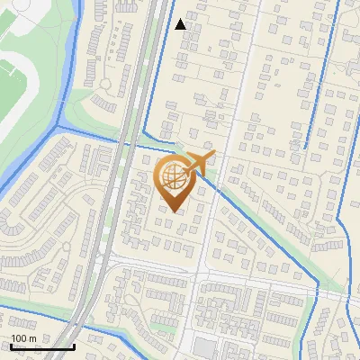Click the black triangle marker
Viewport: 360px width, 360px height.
[x=181, y=23]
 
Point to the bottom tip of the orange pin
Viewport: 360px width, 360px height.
[x=173, y=212]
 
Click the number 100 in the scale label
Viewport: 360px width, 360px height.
[x=18, y=338]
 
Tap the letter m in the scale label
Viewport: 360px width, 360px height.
[x=32, y=338]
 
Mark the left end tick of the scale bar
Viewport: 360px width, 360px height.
[x=11, y=346]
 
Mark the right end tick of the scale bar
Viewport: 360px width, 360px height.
[x=74, y=346]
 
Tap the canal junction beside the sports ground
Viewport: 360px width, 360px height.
[x=60, y=126]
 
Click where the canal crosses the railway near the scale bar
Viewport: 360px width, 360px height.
[x=79, y=316]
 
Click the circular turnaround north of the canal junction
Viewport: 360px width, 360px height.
[x=107, y=85]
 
